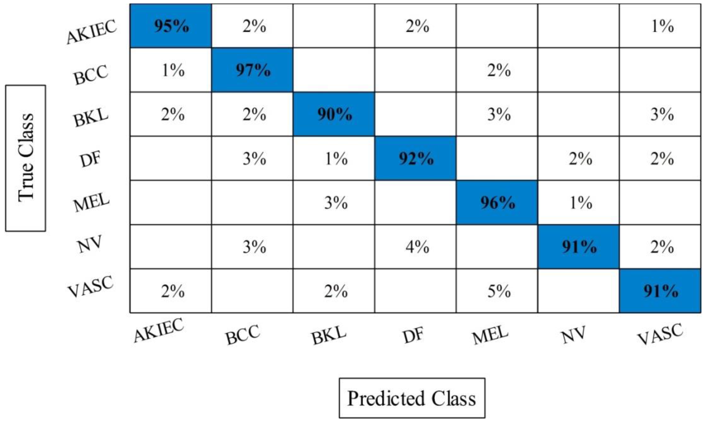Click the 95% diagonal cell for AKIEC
[171, 26]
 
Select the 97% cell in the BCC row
[252, 70]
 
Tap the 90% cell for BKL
[334, 114]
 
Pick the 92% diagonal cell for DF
[416, 158]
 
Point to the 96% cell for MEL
[497, 203]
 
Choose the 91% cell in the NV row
[579, 247]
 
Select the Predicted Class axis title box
[412, 398]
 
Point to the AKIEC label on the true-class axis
[91, 31]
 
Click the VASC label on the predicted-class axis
[660, 334]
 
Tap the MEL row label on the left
[91, 202]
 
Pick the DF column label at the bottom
[413, 335]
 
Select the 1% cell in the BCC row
[173, 70]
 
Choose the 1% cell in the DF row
[336, 158]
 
